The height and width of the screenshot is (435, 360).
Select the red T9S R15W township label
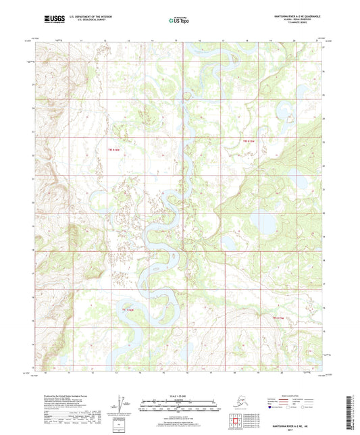pos(250,140)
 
